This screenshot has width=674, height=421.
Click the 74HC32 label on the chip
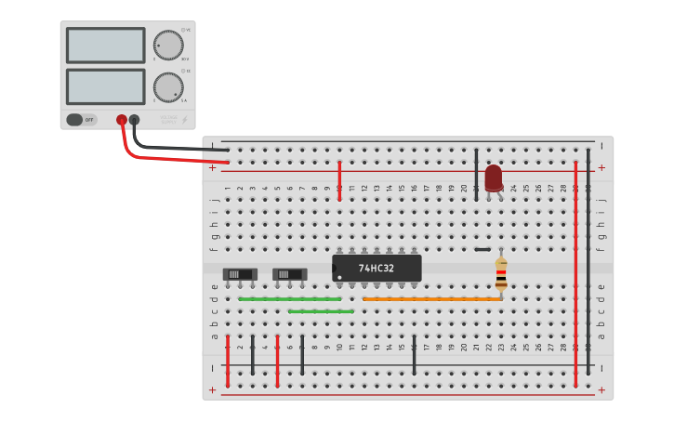click(x=377, y=269)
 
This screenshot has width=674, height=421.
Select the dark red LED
click(x=493, y=178)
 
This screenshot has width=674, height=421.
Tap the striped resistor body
click(x=501, y=273)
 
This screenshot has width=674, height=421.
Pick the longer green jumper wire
click(x=289, y=299)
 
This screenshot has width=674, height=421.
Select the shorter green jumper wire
click(x=320, y=311)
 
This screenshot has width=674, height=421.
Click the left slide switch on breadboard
click(x=240, y=274)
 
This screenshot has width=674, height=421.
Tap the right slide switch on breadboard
click(x=289, y=274)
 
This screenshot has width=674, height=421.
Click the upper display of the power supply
click(x=105, y=46)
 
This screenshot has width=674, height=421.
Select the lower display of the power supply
click(x=105, y=86)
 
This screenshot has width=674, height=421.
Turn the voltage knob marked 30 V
click(x=168, y=45)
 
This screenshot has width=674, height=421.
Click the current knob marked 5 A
click(x=168, y=86)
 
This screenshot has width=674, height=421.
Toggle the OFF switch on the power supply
click(x=83, y=120)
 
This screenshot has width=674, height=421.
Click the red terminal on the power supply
click(x=121, y=120)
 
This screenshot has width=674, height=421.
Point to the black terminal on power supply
click(x=135, y=120)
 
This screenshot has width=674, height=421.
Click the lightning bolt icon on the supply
click(x=184, y=120)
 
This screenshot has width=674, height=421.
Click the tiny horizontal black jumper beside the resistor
click(x=482, y=249)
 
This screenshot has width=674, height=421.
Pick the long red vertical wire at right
click(x=575, y=260)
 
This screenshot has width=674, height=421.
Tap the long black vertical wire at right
click(x=588, y=260)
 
